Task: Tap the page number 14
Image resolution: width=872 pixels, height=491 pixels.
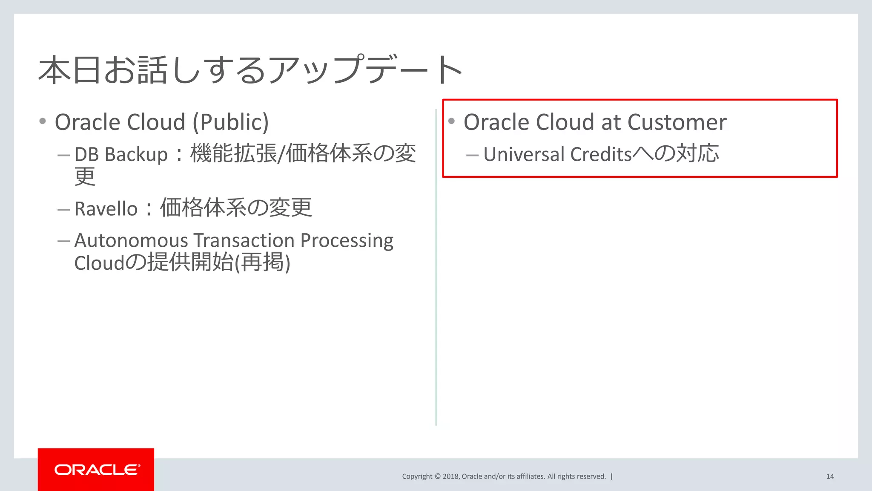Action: point(830,477)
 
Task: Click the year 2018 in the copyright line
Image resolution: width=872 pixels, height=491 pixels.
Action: point(450,477)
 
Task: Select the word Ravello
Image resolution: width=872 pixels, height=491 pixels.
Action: point(106,209)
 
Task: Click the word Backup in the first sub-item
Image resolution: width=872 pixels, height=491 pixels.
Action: point(136,154)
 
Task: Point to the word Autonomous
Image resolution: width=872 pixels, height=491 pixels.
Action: point(131,240)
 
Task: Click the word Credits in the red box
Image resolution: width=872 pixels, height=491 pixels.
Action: point(601,154)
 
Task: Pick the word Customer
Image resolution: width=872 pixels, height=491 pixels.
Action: point(677,122)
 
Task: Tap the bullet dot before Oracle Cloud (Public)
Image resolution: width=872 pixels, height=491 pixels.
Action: point(43,121)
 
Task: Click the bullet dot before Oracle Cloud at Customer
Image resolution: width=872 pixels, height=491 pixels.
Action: point(452,121)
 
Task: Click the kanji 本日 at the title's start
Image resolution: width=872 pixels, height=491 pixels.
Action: point(71,69)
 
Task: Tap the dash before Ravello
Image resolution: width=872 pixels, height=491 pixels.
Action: point(63,209)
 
